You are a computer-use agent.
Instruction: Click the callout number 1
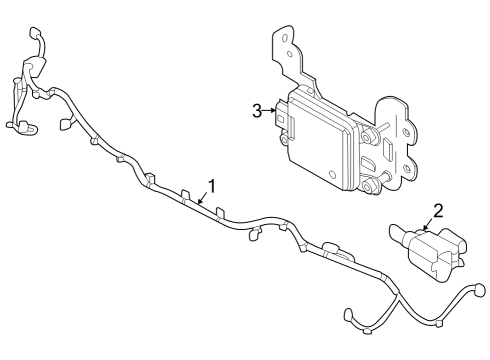(211, 184)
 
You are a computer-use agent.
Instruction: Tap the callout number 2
(437, 211)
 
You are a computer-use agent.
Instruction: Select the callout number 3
(257, 111)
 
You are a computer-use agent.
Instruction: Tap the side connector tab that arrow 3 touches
(284, 118)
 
